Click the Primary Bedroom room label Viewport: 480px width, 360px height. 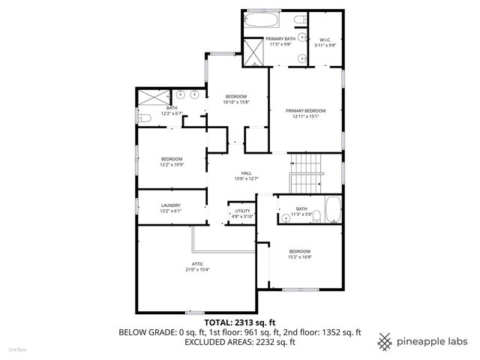point(305,113)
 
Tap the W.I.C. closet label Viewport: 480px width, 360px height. point(325,43)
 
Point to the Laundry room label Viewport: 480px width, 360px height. point(170,208)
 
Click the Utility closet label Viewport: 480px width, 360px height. point(242,213)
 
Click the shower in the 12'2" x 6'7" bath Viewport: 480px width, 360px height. point(153,97)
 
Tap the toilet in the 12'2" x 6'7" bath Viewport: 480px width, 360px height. point(143,117)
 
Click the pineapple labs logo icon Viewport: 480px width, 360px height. point(385,341)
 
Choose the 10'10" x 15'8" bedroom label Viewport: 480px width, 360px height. point(237,100)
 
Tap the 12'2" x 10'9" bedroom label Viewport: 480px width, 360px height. point(172,161)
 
